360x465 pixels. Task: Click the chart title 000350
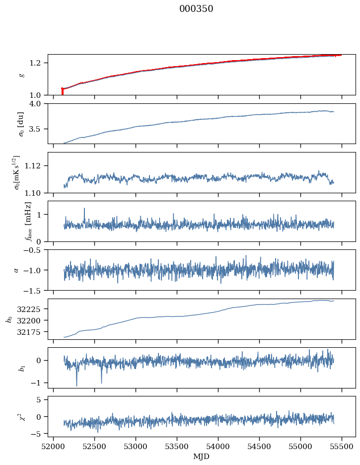pyautogui.click(x=196, y=9)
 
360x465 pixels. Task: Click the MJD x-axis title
pyautogui.click(x=202, y=457)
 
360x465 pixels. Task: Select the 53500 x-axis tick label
pyautogui.click(x=177, y=447)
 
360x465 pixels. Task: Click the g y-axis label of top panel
pyautogui.click(x=21, y=75)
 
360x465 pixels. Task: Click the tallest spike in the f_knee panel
pyautogui.click(x=84, y=209)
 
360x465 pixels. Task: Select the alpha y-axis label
pyautogui.click(x=16, y=270)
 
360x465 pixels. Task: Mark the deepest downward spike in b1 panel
pyautogui.click(x=76, y=386)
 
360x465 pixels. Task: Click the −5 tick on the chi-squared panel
pyautogui.click(x=40, y=434)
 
